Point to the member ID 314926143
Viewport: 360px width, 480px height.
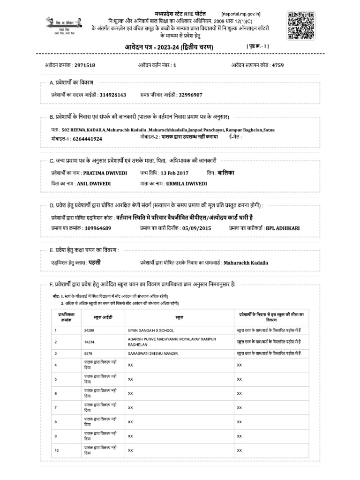(113, 94)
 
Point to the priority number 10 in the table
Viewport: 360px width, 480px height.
(57, 450)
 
